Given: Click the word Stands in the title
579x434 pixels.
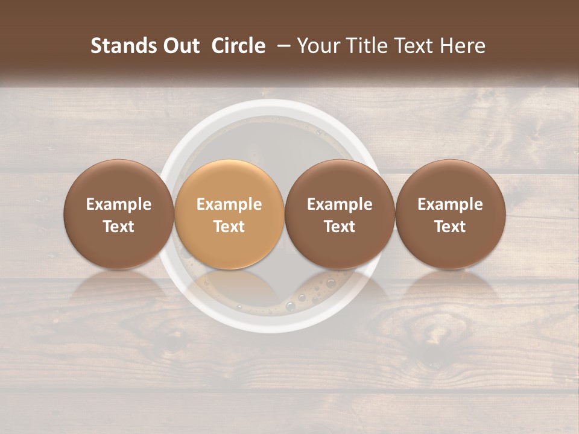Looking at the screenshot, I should [x=119, y=46].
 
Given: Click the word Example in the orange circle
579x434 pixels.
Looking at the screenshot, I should [x=229, y=204].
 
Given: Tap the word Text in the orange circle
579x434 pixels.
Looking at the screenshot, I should [x=229, y=227].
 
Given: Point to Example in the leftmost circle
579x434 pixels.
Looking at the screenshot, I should [x=118, y=204].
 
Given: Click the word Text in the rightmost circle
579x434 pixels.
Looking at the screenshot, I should [x=450, y=227].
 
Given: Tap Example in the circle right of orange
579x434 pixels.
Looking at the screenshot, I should [x=340, y=204].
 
